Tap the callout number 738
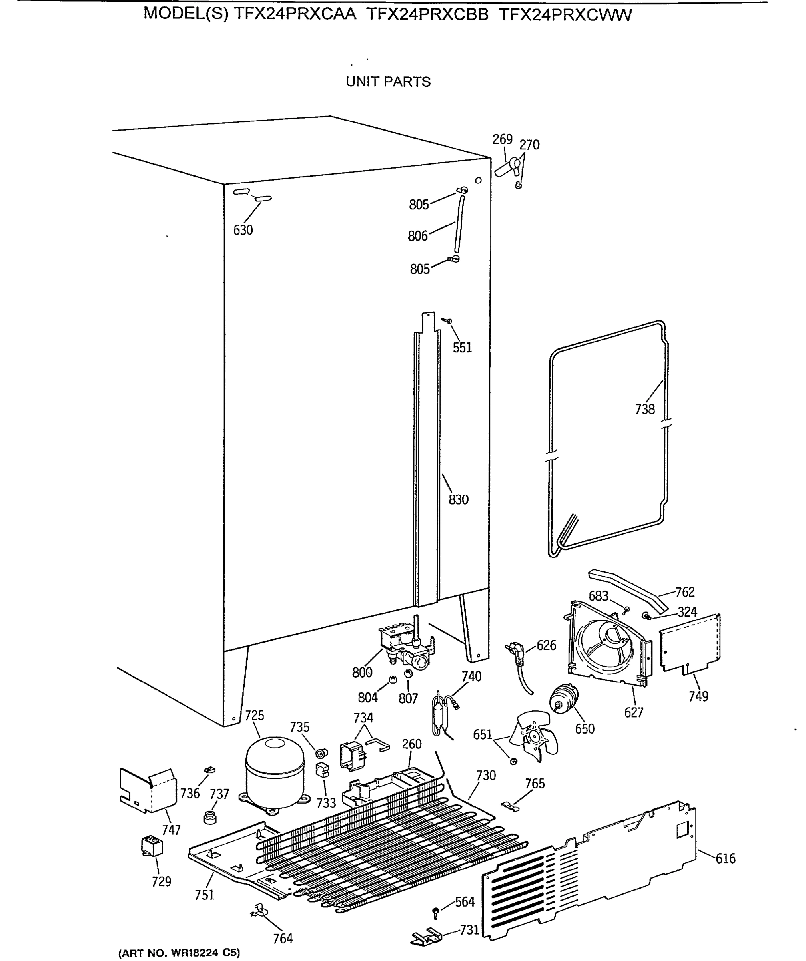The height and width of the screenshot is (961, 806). point(645,409)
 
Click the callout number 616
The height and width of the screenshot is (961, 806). point(726,859)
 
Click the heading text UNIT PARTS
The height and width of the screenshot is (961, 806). point(388,82)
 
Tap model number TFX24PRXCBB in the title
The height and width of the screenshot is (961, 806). point(427,15)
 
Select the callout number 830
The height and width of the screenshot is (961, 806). point(458,499)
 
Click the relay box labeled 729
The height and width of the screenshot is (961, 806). point(152,846)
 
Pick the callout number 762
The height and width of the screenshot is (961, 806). point(685,592)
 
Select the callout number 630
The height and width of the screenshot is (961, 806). point(243,230)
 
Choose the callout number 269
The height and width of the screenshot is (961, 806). point(502,139)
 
